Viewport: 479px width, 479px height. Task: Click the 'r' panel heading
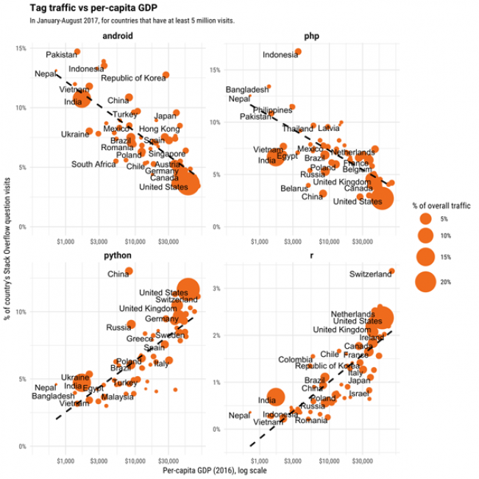click(x=310, y=255)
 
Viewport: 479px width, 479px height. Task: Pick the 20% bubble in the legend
click(x=425, y=281)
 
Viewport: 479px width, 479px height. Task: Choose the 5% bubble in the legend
click(x=425, y=219)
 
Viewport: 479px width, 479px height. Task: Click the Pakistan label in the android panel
click(x=62, y=54)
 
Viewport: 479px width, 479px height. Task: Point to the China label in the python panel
click(x=118, y=274)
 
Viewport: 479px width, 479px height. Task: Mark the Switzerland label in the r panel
click(x=370, y=274)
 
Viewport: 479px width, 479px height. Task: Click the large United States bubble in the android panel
click(x=189, y=183)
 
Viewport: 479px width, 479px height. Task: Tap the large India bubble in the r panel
click(x=275, y=397)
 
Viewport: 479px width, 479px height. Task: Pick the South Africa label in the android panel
click(x=93, y=164)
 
